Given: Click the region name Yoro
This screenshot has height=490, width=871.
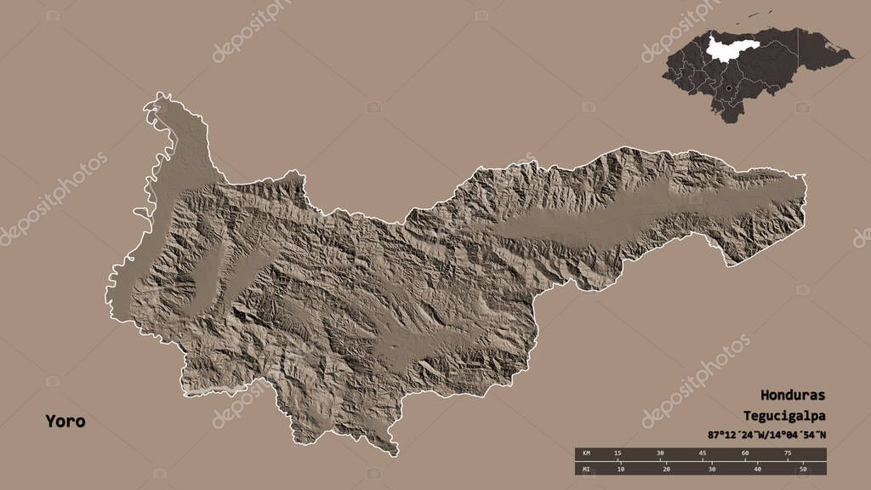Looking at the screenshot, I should point(65,421).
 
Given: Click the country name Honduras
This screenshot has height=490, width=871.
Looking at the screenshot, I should point(793,396).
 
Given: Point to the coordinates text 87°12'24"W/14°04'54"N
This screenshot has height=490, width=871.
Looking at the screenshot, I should point(766,435).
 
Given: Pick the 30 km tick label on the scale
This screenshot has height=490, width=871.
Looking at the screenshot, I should point(660,453).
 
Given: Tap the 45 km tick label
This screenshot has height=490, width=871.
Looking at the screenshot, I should point(703,453).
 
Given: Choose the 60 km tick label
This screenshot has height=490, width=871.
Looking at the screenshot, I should point(745,453).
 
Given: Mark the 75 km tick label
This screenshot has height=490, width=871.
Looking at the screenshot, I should point(788,453).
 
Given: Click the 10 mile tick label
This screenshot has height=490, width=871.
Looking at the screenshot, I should point(622,469).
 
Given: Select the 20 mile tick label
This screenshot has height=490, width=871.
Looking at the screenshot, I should point(667,469).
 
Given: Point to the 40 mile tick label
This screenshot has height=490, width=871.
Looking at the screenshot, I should point(757,469).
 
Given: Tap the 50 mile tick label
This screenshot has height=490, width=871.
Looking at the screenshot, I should point(802,469).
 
